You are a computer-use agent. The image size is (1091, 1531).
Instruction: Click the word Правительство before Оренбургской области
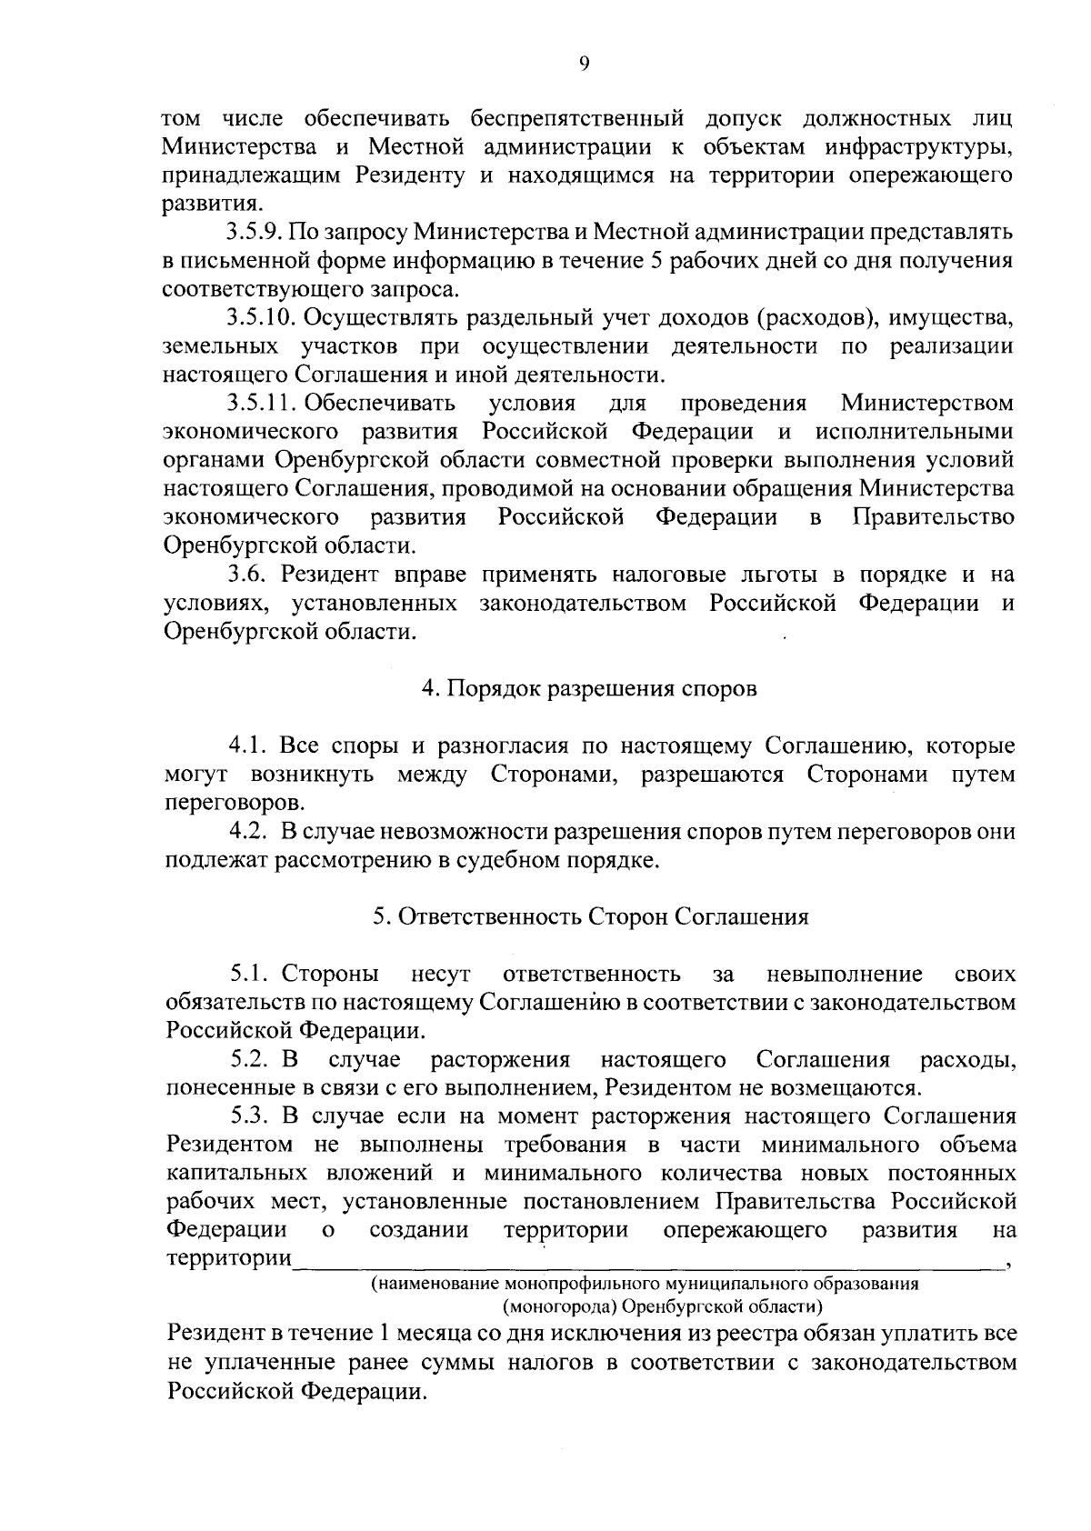pos(934,517)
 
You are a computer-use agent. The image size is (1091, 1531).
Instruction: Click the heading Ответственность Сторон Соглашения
pos(590,917)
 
